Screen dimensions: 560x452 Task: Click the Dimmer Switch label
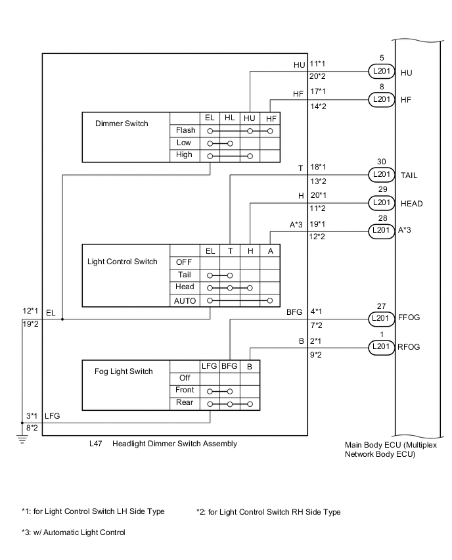122,123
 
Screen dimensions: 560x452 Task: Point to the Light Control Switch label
122,262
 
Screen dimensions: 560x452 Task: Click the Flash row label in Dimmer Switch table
186,130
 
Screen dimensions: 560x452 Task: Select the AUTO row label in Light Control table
185,300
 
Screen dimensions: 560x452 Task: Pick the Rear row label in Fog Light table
185,402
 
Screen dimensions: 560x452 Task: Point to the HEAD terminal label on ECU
411,204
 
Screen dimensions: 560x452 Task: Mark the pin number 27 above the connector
381,305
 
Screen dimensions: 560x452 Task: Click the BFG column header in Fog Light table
229,366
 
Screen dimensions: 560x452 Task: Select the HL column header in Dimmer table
229,118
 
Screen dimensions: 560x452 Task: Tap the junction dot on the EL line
62,319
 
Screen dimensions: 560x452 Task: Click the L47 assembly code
96,444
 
